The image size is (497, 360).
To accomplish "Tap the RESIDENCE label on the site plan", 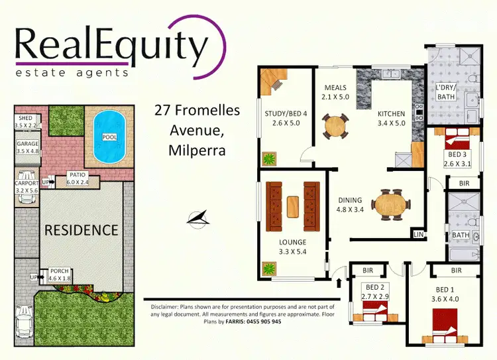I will tap(81, 230).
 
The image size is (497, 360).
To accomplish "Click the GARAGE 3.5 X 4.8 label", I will tap(27, 147).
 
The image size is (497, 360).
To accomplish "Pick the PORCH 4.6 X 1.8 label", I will tap(59, 274).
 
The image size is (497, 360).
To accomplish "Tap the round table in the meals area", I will tap(335, 125).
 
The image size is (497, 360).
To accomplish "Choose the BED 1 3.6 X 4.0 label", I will tap(445, 294).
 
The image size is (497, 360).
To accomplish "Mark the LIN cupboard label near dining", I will tap(418, 234).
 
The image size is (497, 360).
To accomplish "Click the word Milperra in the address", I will tap(197, 150).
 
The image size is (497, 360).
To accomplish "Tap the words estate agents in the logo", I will tap(72, 72).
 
